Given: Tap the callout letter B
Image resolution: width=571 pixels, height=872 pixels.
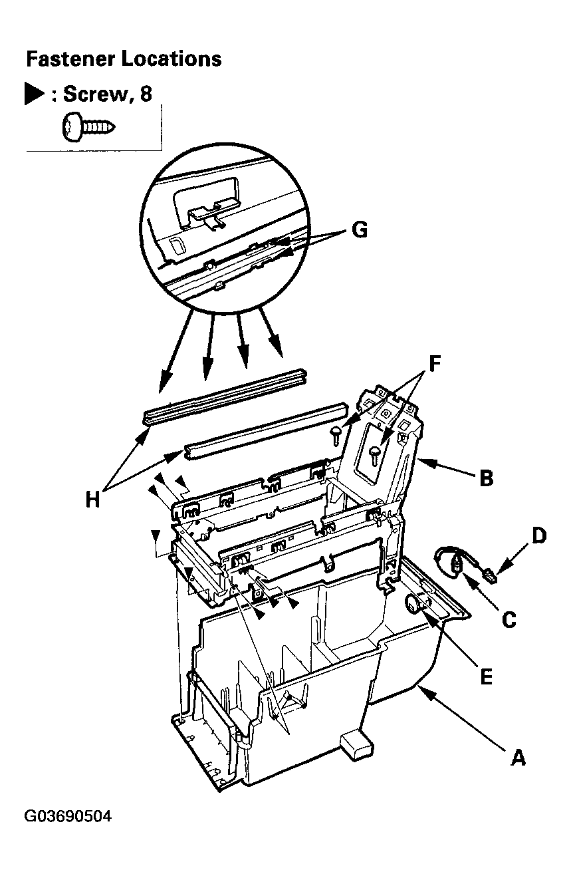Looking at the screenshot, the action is coord(487,478).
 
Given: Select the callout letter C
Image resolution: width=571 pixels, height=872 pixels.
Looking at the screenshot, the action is coord(509,619).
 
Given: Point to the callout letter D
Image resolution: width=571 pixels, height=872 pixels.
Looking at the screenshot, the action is coord(539,535).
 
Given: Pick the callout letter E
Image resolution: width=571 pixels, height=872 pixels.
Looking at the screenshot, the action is coord(487,678).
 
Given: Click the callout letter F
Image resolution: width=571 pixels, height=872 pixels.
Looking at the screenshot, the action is coord(435,364).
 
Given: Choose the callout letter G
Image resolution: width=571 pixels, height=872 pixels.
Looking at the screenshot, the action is coord(360,229).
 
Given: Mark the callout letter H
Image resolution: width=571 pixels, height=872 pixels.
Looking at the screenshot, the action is coord(92,499).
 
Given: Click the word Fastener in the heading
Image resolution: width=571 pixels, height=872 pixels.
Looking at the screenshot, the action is coord(70,59).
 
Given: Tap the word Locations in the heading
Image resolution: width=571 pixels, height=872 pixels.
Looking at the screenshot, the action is coord(171,59).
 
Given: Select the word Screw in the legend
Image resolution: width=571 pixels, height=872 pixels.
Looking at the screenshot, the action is coord(95,94).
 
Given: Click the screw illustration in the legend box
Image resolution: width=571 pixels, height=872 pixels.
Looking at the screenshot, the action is coord(88,126).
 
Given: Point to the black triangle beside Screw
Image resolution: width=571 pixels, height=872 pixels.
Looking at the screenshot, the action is coord(34,93).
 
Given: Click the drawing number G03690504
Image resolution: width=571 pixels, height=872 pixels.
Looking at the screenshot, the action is coord(68,815).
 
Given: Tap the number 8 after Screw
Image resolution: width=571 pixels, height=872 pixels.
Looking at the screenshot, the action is coord(146,94).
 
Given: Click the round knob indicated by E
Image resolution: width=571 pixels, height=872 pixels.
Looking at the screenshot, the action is coord(411,604).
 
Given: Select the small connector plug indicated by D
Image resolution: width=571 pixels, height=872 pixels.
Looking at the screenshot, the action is coord(491,575).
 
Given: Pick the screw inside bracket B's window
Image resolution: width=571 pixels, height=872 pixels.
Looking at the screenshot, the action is coord(374,456).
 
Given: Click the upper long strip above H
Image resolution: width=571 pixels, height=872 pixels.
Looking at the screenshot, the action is coord(225,396).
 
